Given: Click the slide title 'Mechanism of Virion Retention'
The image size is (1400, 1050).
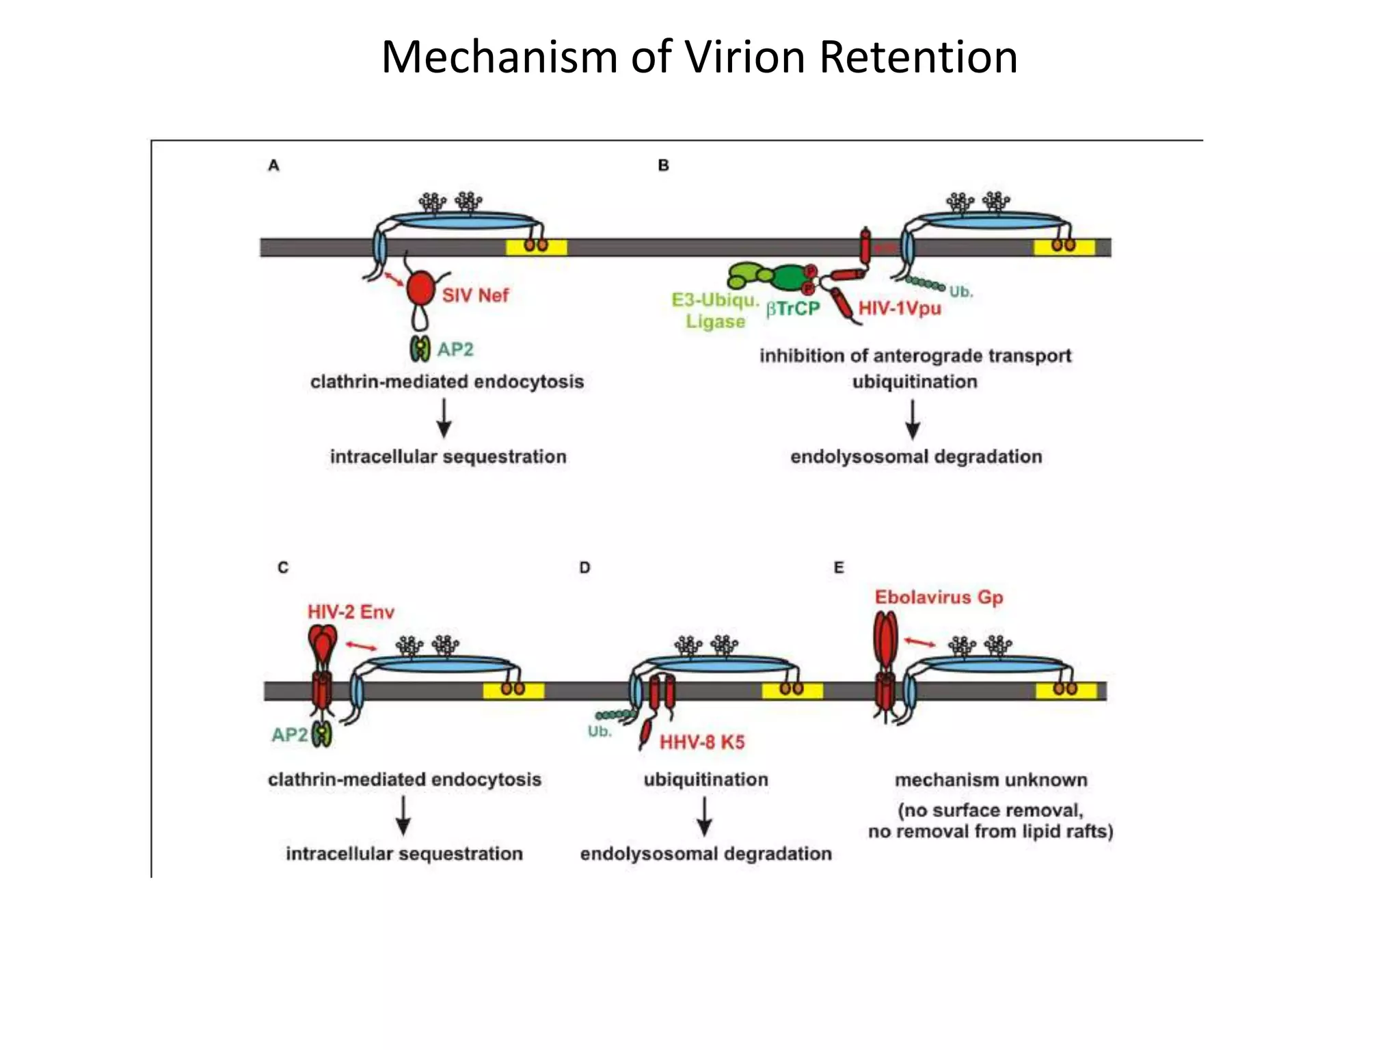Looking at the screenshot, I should click(699, 57).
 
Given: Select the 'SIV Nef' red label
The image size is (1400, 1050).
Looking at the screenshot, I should click(475, 295).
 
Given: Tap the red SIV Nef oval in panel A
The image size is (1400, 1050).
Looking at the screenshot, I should click(421, 289).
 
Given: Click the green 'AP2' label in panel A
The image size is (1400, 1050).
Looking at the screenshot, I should click(455, 349).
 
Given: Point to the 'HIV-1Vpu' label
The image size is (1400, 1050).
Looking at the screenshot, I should click(900, 308).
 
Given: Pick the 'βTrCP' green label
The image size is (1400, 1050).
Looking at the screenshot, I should click(792, 309).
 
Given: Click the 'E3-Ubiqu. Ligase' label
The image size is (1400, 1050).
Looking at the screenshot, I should click(715, 311).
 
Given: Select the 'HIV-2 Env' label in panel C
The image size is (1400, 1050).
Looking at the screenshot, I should click(351, 612).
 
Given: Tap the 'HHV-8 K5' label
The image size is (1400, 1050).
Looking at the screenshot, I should click(701, 742).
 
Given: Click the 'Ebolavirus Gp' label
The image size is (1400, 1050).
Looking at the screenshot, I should click(939, 597).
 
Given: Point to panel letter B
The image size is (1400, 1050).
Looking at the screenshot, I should click(663, 165).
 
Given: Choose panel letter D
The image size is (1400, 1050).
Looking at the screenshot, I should click(584, 567).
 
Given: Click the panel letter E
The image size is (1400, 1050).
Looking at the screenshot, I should click(839, 567).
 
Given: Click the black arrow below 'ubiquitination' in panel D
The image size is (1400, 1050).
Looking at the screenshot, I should click(704, 816).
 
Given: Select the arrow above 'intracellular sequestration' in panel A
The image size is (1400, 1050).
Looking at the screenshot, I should click(444, 418).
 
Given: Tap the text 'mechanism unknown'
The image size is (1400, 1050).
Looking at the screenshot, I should click(991, 780).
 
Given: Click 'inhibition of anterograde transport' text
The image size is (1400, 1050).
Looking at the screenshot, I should click(915, 355).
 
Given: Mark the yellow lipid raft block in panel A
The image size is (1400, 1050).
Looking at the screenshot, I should click(536, 247).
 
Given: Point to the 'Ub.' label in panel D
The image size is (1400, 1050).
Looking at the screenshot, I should click(600, 731).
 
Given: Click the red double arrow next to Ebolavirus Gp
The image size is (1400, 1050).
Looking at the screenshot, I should click(920, 642).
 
